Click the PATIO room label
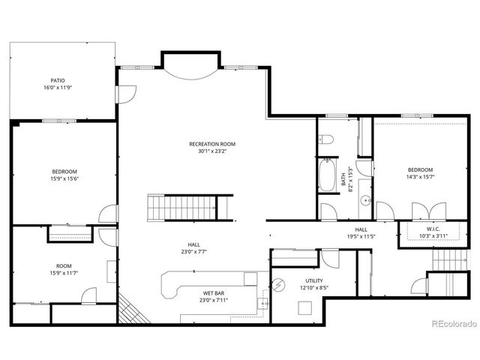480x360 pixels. tap(57, 79)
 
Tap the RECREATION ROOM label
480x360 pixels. tap(212, 143)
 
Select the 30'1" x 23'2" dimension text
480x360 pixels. tap(212, 151)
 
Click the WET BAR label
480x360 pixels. tap(211, 293)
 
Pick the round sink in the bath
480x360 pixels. tap(366, 200)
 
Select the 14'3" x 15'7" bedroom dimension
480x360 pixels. tap(420, 177)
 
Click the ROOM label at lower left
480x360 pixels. tap(64, 266)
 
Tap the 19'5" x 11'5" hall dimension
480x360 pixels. tap(361, 236)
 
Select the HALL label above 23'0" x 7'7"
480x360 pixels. tap(193, 244)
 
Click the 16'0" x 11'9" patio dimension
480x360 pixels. tap(57, 88)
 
